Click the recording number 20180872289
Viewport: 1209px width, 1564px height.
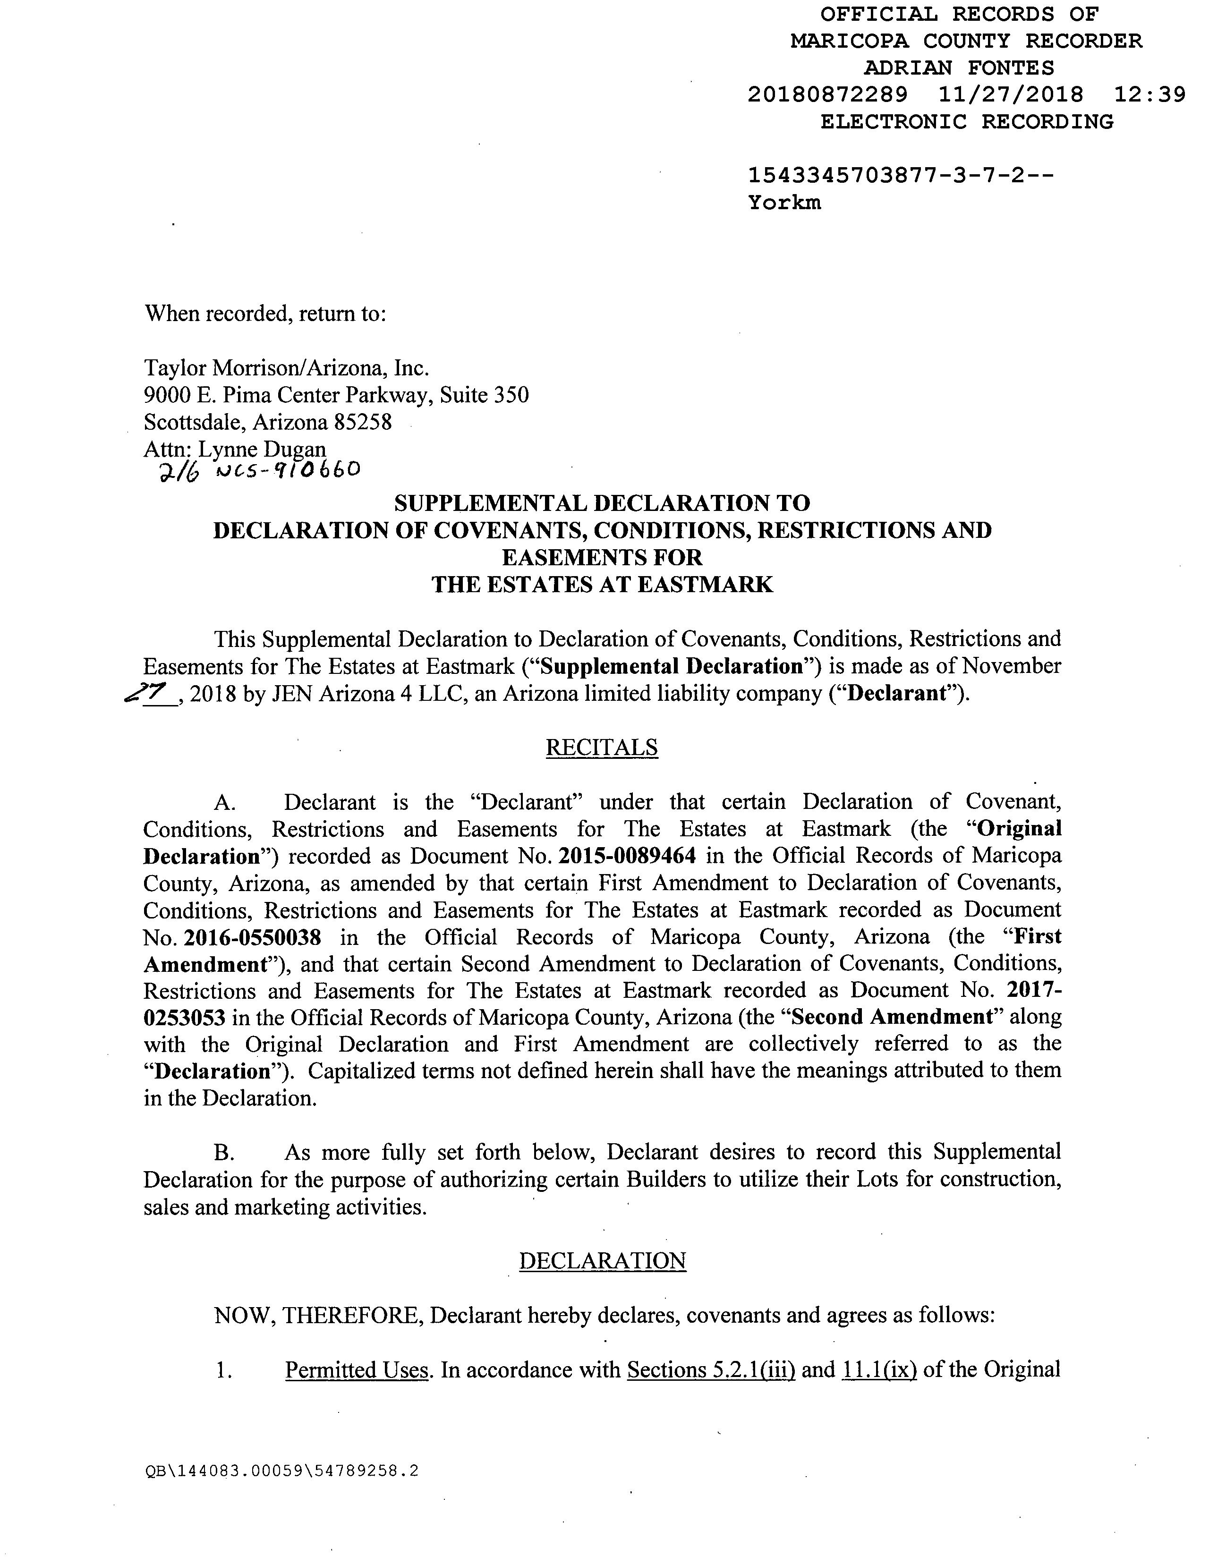[827, 94]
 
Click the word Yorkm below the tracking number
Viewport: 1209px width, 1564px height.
[784, 203]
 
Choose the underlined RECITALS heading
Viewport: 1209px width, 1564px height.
[602, 748]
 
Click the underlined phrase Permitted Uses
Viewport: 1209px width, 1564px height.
[356, 1370]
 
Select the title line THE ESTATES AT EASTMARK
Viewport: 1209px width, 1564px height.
[602, 584]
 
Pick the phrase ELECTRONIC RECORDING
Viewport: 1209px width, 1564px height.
[967, 122]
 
